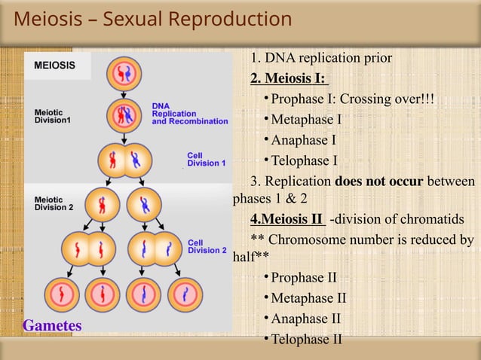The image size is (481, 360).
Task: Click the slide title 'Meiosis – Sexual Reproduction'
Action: tap(153, 20)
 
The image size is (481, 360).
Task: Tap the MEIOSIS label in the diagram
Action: tap(54, 65)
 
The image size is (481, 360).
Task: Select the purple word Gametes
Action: tap(52, 325)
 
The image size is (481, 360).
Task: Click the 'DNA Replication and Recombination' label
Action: tap(189, 113)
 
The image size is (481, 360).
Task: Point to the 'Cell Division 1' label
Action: tap(206, 159)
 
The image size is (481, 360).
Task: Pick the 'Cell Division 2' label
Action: tap(206, 246)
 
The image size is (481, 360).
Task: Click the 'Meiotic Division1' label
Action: tap(54, 117)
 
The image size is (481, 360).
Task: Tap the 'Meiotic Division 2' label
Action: tap(54, 203)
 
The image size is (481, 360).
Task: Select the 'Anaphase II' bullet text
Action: tap(308, 319)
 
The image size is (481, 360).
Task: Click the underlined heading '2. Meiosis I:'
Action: tap(290, 80)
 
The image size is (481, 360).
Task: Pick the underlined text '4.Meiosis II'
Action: tap(288, 220)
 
